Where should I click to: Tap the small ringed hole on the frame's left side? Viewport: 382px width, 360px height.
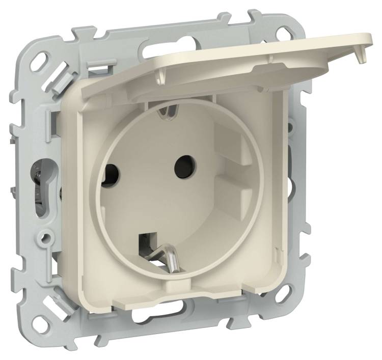[x=47, y=236]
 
